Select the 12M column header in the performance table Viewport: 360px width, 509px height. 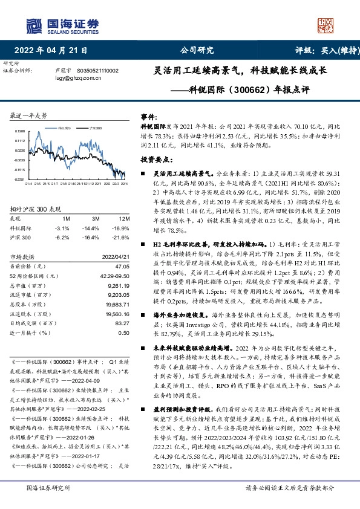(123, 218)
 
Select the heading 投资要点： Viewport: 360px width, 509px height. (154, 161)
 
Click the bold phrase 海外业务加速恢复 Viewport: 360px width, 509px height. (179, 316)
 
